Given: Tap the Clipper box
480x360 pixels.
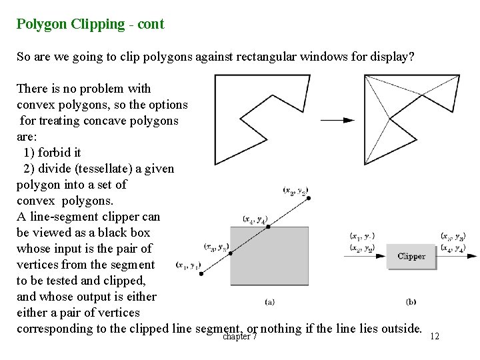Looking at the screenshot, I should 411,255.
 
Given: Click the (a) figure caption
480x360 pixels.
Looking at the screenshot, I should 269,301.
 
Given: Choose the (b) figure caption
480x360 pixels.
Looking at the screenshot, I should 411,301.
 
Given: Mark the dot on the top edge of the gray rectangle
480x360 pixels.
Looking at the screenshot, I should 268,227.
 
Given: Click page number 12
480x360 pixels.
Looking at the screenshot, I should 435,337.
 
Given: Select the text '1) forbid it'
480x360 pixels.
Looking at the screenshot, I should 53,153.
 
